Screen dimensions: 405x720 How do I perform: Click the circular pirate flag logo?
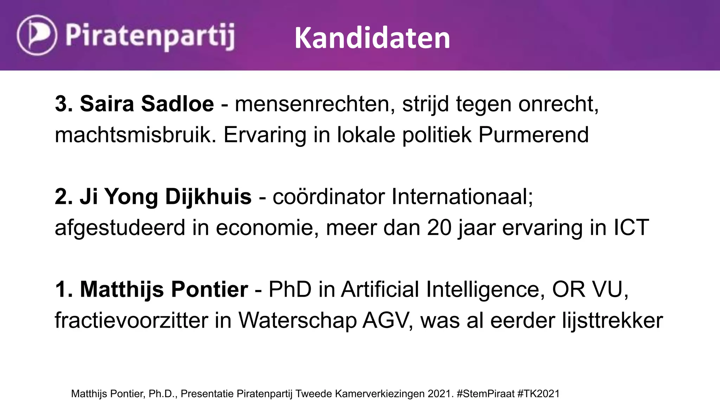pos(37,35)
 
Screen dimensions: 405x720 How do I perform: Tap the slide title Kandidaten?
pos(372,38)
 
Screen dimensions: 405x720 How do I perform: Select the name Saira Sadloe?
pos(147,104)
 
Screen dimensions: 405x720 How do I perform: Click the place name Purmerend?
pos(533,135)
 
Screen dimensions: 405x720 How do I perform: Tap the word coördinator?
pos(328,197)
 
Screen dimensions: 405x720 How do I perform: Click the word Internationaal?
pos(462,197)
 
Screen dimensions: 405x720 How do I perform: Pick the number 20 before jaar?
pos(439,228)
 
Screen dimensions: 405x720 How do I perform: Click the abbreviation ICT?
pos(631,228)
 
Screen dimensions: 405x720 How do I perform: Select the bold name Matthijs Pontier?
pos(164,289)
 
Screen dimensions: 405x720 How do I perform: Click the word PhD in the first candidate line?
pos(290,289)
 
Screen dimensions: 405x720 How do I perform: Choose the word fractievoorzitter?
pos(131,321)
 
